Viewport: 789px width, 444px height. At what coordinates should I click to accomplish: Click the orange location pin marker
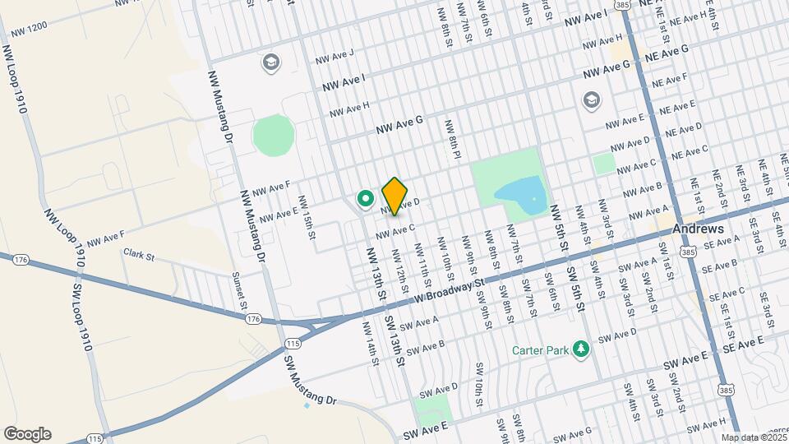395,196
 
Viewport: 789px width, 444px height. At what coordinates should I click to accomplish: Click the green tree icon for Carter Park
581,349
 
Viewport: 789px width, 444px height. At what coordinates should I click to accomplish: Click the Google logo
27,434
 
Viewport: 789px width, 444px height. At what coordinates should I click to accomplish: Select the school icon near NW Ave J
270,62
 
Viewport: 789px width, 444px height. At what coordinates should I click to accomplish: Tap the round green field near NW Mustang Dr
273,135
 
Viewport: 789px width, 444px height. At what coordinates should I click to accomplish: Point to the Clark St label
139,256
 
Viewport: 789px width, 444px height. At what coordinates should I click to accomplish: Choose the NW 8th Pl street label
452,140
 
